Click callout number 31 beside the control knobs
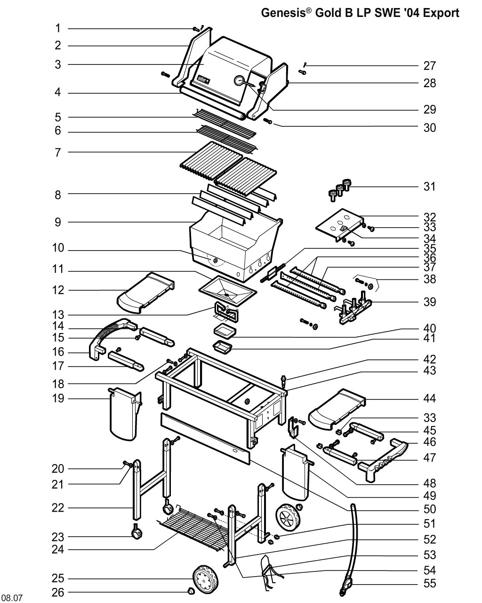(429, 187)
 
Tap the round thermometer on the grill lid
(239, 81)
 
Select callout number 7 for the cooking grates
(58, 153)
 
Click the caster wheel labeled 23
(137, 533)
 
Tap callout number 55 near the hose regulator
(429, 583)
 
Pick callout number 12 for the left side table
(58, 290)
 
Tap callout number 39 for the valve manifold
(429, 302)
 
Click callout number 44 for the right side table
(429, 398)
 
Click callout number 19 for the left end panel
(58, 398)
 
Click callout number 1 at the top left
(58, 28)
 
